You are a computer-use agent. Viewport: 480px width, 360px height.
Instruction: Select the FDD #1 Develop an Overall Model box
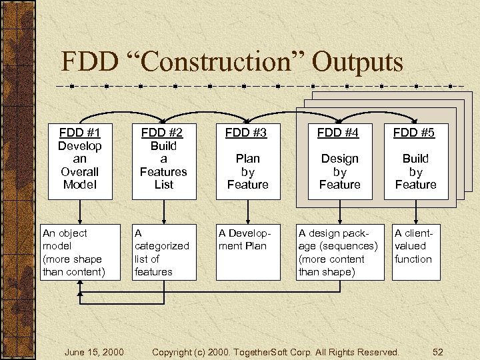80,160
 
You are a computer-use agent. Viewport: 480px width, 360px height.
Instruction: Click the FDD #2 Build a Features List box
163,160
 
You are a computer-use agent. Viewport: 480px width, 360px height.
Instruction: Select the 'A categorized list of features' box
163,252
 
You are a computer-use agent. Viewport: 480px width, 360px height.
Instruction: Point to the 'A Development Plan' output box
247,252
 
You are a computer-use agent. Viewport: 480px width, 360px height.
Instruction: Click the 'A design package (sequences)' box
339,252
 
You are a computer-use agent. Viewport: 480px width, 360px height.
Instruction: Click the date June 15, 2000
94,351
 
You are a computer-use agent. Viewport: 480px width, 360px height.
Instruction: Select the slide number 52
438,351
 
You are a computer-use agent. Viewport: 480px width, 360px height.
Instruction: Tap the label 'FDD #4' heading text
339,133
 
